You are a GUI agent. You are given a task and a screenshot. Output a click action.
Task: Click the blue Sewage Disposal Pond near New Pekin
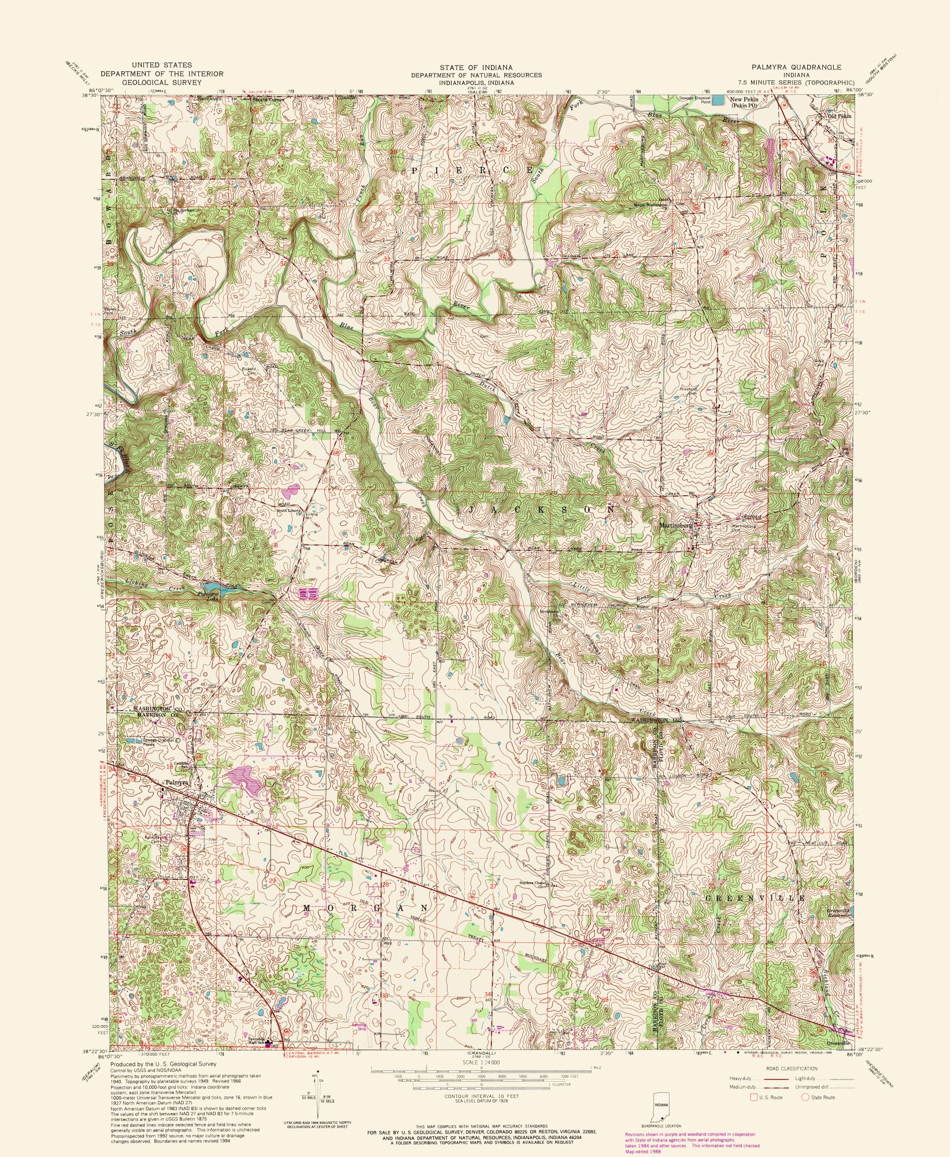click(x=718, y=100)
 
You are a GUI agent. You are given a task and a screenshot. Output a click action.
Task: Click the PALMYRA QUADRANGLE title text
click(x=801, y=67)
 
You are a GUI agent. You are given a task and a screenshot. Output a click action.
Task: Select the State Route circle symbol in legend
click(x=804, y=1097)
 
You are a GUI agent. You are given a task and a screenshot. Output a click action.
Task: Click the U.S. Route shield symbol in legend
click(x=753, y=1097)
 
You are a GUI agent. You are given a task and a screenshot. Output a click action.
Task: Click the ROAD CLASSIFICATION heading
click(x=792, y=1068)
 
